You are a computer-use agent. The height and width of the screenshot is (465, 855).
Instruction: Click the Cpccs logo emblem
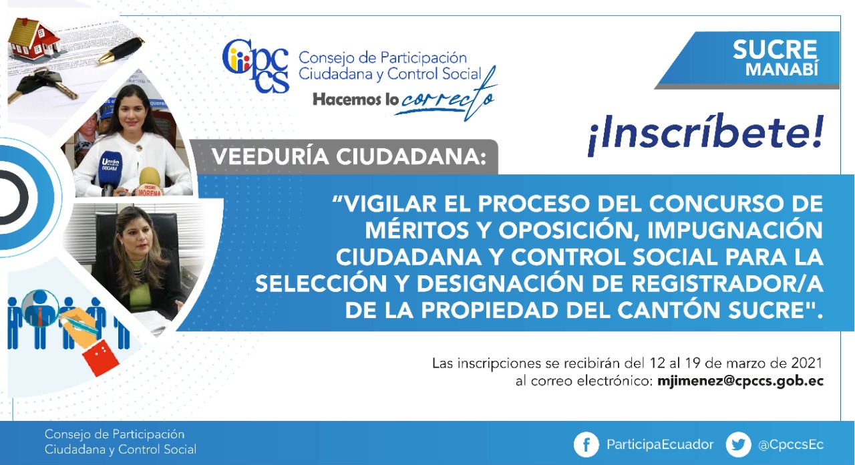[255, 65]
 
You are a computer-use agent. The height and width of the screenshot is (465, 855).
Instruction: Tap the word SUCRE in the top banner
[774, 49]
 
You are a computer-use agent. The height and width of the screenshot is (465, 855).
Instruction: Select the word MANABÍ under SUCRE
[782, 69]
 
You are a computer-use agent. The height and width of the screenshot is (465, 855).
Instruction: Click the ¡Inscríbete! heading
[705, 136]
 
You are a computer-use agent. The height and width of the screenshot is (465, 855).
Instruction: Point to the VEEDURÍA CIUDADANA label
[349, 156]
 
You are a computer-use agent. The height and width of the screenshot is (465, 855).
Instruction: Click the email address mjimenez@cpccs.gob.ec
[740, 381]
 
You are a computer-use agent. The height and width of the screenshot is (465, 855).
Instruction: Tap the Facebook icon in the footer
[586, 444]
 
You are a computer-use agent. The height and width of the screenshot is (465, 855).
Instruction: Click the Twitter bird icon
[738, 444]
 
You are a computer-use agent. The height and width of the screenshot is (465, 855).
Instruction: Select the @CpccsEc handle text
[791, 445]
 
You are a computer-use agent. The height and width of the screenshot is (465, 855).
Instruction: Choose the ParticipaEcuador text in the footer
[660, 444]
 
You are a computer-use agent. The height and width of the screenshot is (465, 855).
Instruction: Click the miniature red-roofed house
[33, 39]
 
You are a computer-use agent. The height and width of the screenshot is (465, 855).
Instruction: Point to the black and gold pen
[121, 50]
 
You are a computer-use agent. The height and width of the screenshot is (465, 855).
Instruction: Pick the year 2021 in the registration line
[806, 363]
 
